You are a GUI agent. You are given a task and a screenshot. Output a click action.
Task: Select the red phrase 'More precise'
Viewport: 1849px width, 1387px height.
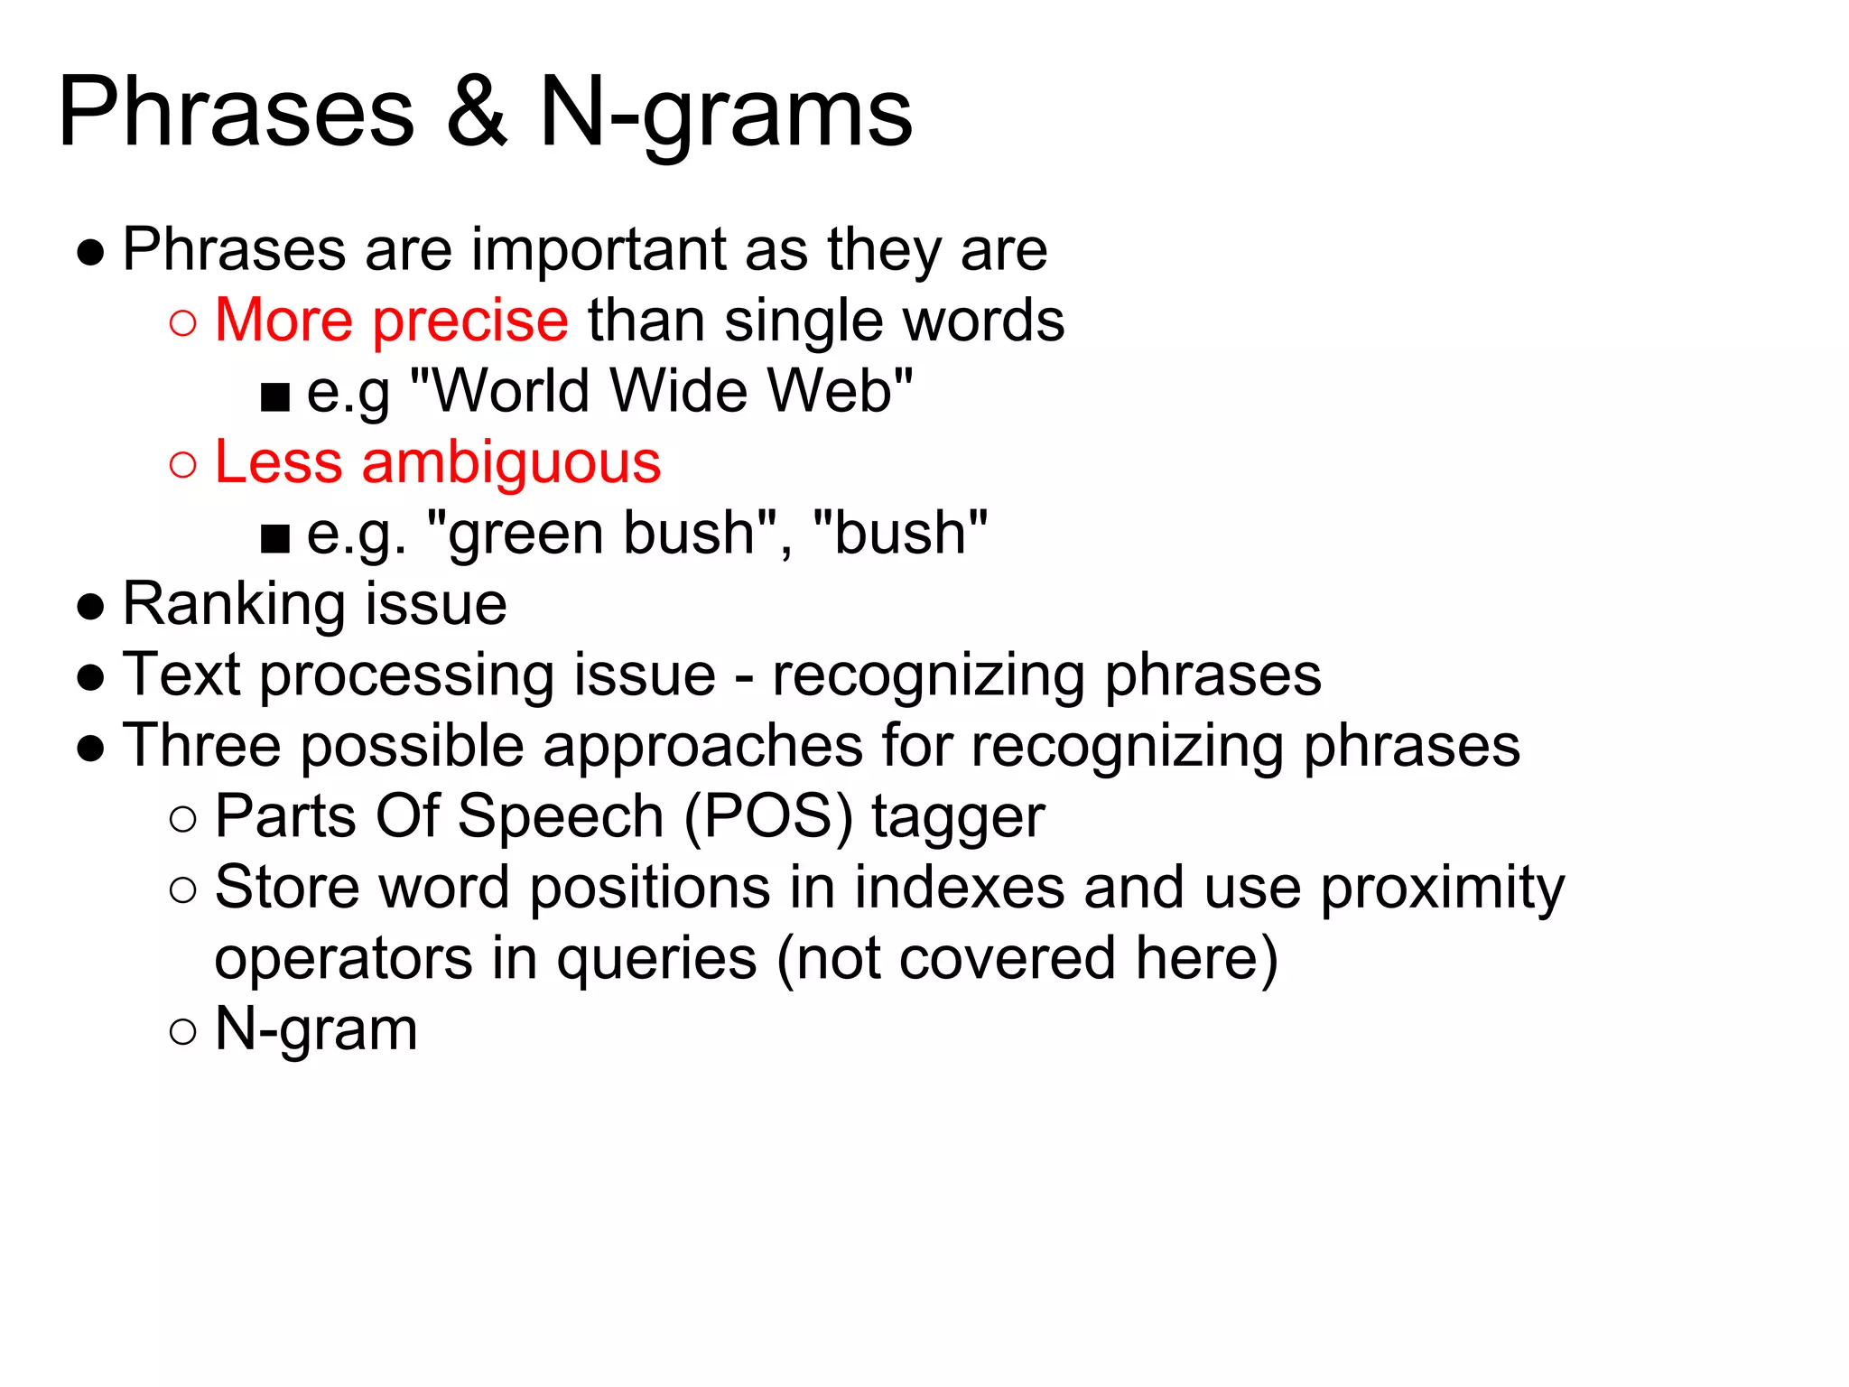(x=391, y=321)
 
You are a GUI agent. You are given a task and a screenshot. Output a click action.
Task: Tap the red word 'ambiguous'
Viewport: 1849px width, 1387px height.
(x=511, y=463)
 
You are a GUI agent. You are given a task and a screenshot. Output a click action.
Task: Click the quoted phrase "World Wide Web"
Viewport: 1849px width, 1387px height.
(x=662, y=391)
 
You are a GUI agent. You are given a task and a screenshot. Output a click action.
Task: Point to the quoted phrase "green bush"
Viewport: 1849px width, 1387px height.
(x=601, y=533)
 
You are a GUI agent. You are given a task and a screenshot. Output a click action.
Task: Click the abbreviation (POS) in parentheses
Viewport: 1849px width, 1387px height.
(x=767, y=817)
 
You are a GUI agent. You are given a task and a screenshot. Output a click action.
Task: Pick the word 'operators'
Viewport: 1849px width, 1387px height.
(x=343, y=959)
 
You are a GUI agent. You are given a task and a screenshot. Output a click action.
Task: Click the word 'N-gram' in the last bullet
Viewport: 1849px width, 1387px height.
(x=316, y=1029)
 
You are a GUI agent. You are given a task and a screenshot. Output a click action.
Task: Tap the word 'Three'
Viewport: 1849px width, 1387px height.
(x=201, y=746)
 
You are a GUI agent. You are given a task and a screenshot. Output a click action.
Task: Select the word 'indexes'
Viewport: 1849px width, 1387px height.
(x=959, y=888)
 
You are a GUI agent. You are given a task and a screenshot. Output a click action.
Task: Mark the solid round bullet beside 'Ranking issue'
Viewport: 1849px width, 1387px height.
(x=90, y=607)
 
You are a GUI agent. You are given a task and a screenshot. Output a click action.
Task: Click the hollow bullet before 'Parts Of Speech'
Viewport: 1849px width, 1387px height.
(x=182, y=819)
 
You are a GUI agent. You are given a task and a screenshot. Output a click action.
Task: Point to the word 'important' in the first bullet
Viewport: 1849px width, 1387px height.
(x=599, y=250)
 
